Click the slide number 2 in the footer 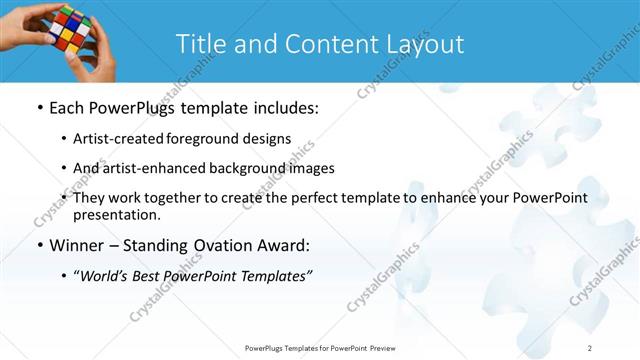[x=590, y=347]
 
